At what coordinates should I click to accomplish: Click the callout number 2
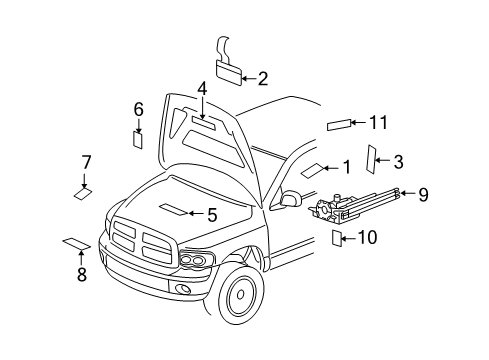pyautogui.click(x=263, y=77)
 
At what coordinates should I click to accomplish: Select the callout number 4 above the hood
pyautogui.click(x=202, y=89)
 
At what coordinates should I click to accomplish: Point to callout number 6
pyautogui.click(x=139, y=109)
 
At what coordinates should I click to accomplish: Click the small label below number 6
pyautogui.click(x=139, y=138)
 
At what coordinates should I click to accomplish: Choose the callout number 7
pyautogui.click(x=87, y=162)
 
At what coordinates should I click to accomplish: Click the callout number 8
pyautogui.click(x=82, y=274)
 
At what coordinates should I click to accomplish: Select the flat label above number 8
pyautogui.click(x=76, y=242)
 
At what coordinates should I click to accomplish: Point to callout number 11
pyautogui.click(x=376, y=122)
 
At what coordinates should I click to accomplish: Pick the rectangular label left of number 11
pyautogui.click(x=338, y=126)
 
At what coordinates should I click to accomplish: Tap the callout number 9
pyautogui.click(x=422, y=195)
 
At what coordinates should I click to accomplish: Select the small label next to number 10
pyautogui.click(x=338, y=237)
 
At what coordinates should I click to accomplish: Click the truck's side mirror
pyautogui.click(x=293, y=199)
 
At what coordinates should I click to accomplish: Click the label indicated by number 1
pyautogui.click(x=312, y=169)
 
